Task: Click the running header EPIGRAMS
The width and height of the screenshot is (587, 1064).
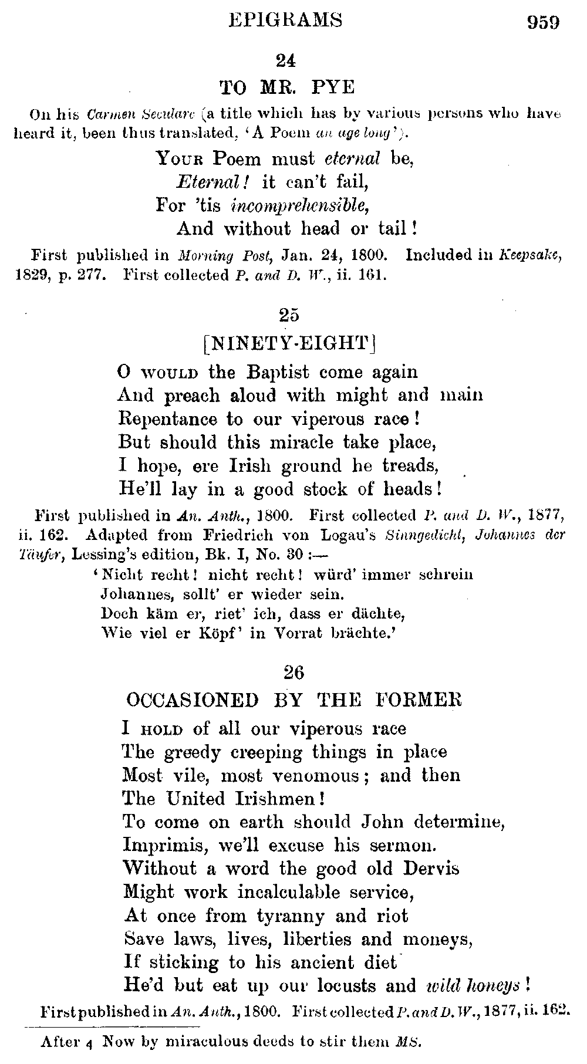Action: (x=285, y=21)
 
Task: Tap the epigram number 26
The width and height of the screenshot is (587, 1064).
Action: (x=293, y=673)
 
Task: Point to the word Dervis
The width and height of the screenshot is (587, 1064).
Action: (x=430, y=869)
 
